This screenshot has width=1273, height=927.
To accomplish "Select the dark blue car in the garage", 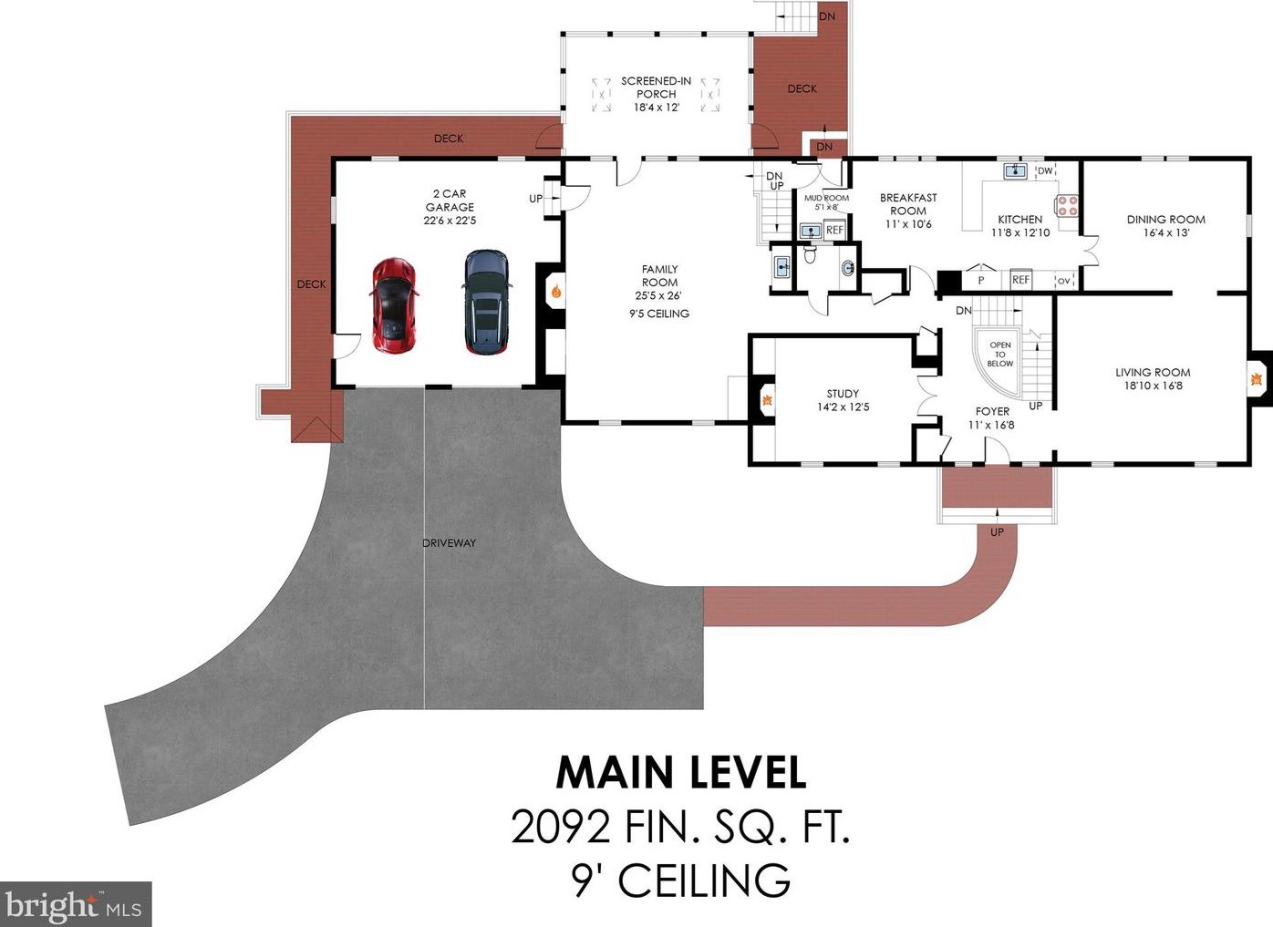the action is pos(487,302).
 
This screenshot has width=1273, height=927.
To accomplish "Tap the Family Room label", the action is pos(660,275).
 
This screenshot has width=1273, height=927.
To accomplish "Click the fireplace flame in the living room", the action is pos(1256,378).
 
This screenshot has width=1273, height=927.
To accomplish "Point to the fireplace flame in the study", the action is pos(767,400).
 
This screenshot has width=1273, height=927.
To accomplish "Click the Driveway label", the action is pos(449,543).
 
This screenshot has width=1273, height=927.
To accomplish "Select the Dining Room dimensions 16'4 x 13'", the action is pos(1166,232).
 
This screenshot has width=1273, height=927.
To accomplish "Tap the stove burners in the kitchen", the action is pos(1067,206).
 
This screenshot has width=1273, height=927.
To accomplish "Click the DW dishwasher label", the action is pos(1045,170).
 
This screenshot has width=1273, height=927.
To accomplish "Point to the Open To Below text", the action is pos(1000,354).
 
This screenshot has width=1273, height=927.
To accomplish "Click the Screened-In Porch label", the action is pos(657,88).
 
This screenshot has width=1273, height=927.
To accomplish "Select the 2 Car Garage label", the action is pos(450,200).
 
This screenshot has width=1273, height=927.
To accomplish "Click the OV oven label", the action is pos(1064,281).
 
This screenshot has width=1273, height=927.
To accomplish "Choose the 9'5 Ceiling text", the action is pos(659,314).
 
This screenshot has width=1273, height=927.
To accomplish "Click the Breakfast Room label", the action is pos(908,204).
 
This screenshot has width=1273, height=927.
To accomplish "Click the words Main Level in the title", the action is pos(681,772).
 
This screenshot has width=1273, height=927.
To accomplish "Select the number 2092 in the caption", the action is pos(562,828).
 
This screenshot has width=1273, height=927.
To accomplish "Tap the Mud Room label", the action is pos(826,198).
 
